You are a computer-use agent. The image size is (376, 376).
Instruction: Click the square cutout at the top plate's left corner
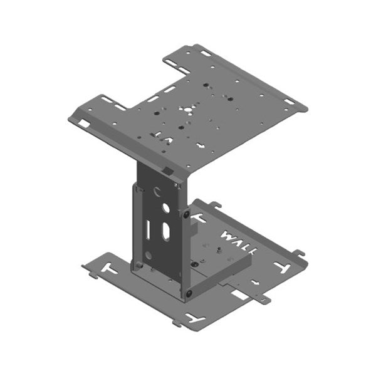coord(83,123)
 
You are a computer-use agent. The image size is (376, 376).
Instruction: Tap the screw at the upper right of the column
coord(186,214)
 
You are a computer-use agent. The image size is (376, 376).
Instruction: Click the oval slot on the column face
coord(165,232)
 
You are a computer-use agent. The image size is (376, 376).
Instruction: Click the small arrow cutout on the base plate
coord(254,281)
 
